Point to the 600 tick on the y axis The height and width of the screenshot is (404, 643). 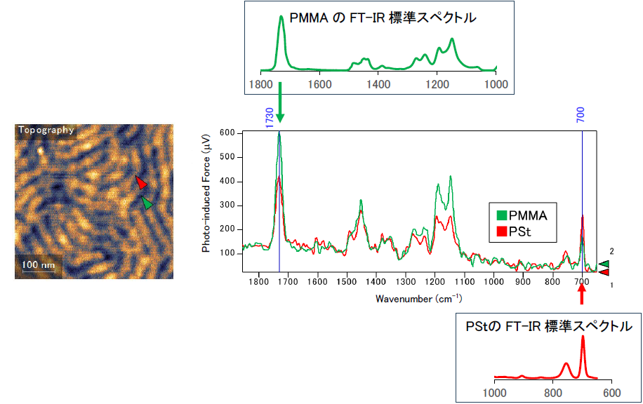pyautogui.click(x=228, y=133)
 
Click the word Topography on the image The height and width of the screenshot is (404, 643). pyautogui.click(x=46, y=130)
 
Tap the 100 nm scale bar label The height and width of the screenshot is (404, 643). pyautogui.click(x=39, y=265)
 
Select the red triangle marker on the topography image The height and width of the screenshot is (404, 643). pyautogui.click(x=141, y=183)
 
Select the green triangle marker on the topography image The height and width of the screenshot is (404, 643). pyautogui.click(x=147, y=203)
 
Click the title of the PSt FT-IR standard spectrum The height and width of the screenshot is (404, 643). pyautogui.click(x=548, y=327)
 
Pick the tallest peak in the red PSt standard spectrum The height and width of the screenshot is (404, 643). pyautogui.click(x=583, y=338)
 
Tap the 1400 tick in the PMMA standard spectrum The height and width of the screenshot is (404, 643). pyautogui.click(x=379, y=85)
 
